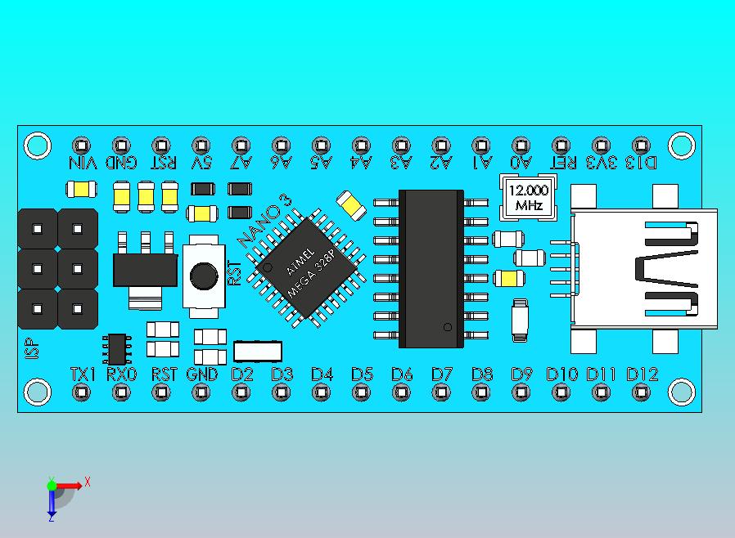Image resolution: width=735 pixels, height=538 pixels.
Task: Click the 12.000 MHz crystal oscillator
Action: pos(528,198)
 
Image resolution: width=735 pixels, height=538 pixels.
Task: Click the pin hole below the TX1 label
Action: pos(82,392)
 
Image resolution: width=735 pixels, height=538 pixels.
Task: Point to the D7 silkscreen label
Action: pos(442,374)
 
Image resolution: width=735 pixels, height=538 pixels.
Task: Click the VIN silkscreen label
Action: pos(82,162)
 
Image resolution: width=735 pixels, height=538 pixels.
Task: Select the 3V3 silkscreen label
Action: pos(602,162)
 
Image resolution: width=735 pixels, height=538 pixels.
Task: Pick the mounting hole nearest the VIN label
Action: pos(37,146)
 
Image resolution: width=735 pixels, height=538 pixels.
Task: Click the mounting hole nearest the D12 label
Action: pos(681,392)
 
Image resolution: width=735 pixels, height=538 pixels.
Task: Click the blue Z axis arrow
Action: pos(51,507)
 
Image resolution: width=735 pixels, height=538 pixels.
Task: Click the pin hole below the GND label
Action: pos(201,392)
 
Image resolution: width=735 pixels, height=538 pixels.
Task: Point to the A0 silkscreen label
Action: pos(521,162)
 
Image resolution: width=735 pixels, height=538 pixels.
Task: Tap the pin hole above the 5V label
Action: pos(201,145)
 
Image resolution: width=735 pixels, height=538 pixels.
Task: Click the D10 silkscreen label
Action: pos(562,374)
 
